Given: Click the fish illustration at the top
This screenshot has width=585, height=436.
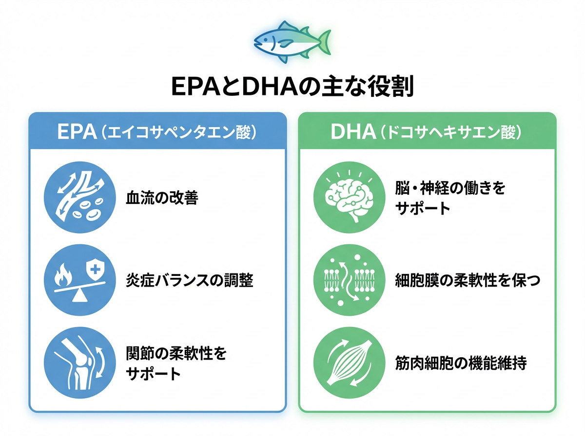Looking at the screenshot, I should [x=292, y=41].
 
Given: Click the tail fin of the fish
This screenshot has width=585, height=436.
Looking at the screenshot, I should [x=323, y=41].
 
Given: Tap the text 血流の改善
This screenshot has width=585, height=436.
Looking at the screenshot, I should [x=162, y=199].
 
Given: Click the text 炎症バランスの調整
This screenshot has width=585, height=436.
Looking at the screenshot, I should [x=190, y=281].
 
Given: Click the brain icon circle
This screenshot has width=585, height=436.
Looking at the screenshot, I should [x=348, y=199].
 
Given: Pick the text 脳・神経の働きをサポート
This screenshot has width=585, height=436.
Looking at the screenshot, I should [x=450, y=199].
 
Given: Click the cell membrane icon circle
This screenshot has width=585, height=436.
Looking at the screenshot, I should [x=348, y=281].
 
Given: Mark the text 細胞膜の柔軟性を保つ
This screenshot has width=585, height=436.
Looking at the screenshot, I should [x=468, y=281].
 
